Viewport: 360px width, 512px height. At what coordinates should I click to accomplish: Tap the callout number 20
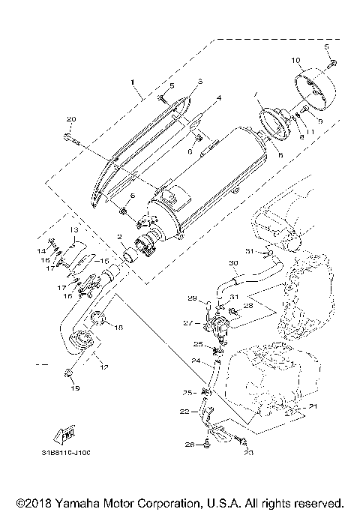click(71, 119)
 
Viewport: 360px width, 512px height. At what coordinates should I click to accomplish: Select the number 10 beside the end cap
click(295, 59)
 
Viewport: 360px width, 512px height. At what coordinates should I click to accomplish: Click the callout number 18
click(119, 328)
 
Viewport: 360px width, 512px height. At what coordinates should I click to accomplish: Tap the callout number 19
click(74, 389)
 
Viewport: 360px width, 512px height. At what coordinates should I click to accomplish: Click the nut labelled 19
click(68, 373)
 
